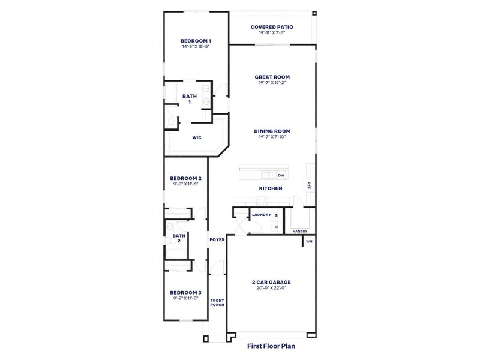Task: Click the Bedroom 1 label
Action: coord(196,41)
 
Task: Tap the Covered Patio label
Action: coord(272,27)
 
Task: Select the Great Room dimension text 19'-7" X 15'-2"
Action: coord(272,83)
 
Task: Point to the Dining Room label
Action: coord(272,131)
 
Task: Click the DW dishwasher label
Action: coord(281,175)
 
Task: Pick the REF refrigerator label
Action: coord(309,185)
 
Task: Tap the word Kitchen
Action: coord(271,188)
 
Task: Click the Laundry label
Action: coord(261,214)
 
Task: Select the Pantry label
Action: coord(300,231)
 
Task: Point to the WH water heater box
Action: coord(309,241)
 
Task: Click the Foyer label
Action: coord(217,239)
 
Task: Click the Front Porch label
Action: coord(217,302)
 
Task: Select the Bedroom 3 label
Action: coord(185,292)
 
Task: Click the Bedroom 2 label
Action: coord(185,178)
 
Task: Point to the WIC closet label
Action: coord(196,137)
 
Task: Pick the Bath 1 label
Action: coord(190,99)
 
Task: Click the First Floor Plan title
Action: coord(271,346)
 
